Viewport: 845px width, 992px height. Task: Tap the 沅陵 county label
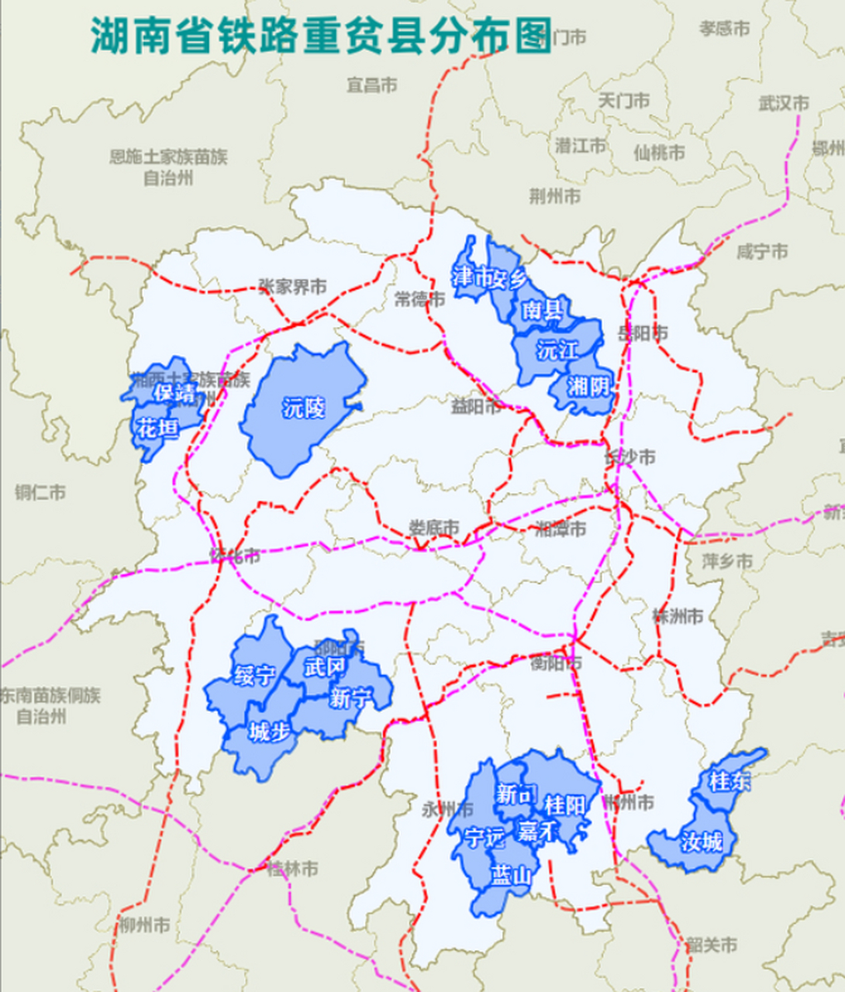pos(304,408)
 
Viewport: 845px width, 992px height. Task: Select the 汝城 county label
pos(702,841)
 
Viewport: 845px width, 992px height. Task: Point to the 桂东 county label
pos(729,781)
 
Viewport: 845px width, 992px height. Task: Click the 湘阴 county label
pos(588,385)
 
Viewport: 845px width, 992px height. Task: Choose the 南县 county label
pos(542,311)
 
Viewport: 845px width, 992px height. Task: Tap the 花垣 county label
pos(158,428)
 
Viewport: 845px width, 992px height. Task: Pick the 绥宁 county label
pos(254,675)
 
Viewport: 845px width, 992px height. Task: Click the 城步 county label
pos(269,732)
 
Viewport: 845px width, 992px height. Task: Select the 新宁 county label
pos(350,698)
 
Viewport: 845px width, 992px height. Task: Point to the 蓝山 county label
pos(512,876)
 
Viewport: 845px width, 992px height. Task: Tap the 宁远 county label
pos(485,837)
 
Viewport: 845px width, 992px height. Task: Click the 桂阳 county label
pos(564,805)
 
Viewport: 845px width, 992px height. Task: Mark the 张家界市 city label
pos(292,287)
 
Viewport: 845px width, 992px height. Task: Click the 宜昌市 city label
pos(372,85)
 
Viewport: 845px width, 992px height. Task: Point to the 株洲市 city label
pos(678,616)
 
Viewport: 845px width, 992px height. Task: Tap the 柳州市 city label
pos(145,925)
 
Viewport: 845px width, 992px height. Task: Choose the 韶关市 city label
pos(711,945)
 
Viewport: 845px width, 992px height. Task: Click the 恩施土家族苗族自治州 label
pos(168,167)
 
